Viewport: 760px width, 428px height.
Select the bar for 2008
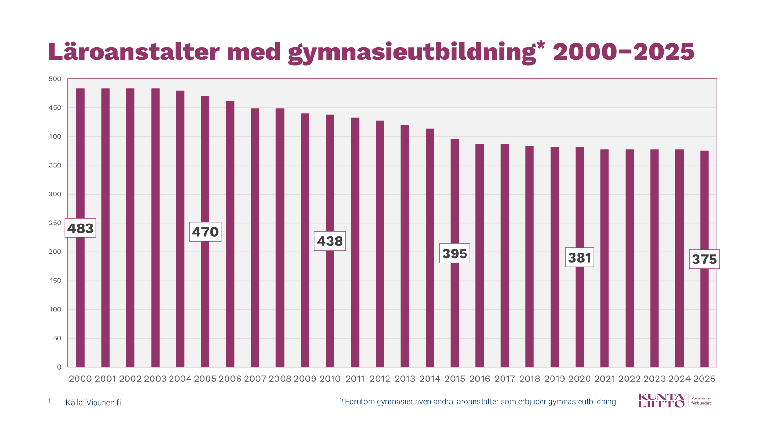tap(280, 238)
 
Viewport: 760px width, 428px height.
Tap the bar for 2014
tap(430, 248)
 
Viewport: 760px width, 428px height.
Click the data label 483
tap(80, 228)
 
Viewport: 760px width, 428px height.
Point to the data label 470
tap(205, 232)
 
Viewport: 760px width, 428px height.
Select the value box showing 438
tap(330, 241)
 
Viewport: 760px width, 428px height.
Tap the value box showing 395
tap(455, 253)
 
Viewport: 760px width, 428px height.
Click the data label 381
tap(579, 257)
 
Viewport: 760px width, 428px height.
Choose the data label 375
tap(704, 259)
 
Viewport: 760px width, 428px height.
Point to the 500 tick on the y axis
tap(55, 79)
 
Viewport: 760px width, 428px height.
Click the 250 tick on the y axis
tap(55, 223)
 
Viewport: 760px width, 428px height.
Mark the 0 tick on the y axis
tap(59, 367)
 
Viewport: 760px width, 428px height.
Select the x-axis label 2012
tap(380, 379)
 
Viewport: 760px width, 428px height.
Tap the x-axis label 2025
tap(704, 379)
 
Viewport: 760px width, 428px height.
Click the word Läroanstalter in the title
tap(134, 52)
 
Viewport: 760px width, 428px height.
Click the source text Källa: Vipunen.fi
tap(93, 403)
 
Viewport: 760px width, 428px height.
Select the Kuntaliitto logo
tap(662, 400)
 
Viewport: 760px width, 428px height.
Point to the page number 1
tap(49, 401)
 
